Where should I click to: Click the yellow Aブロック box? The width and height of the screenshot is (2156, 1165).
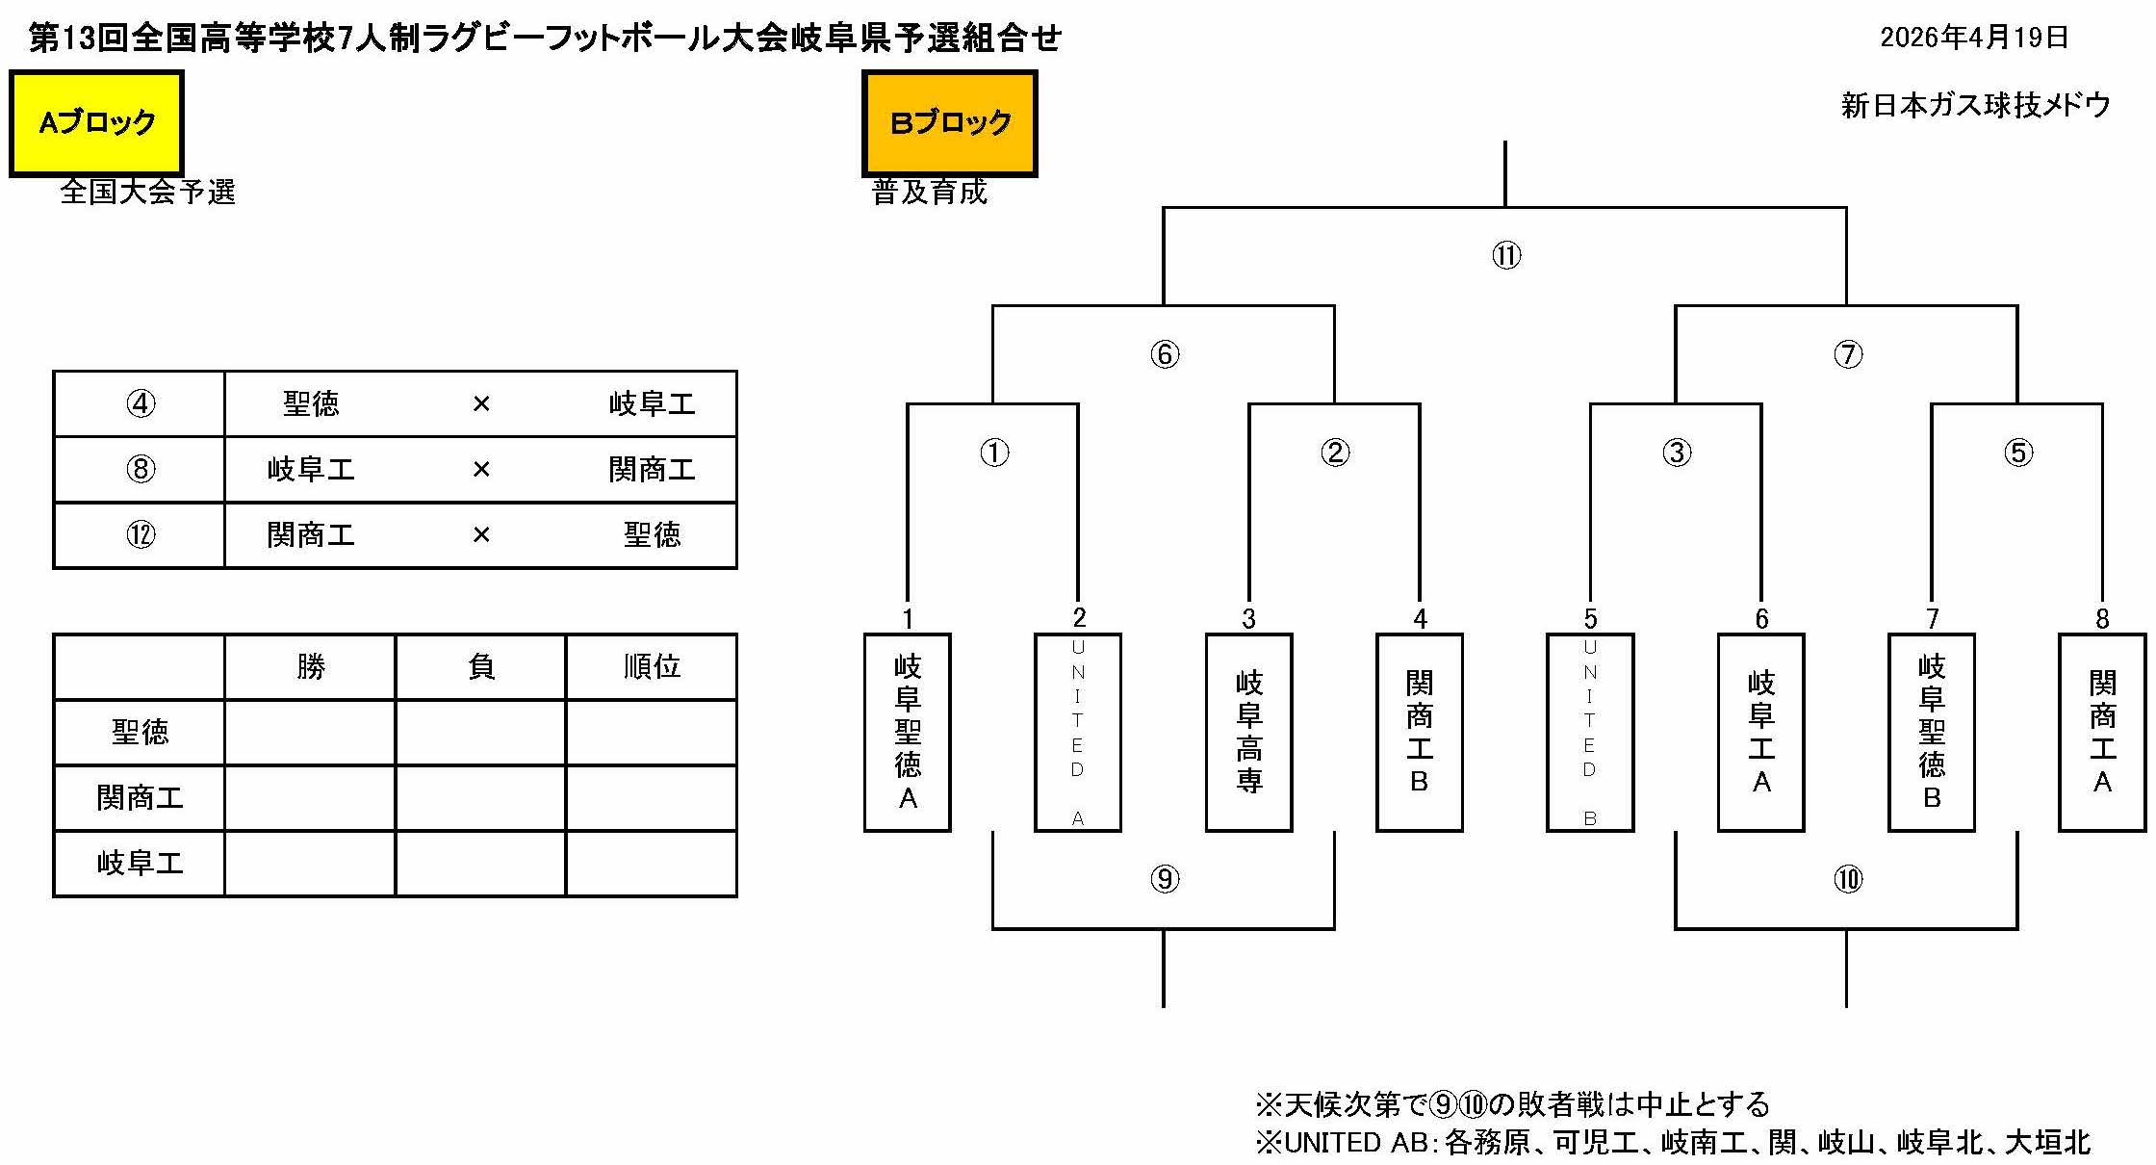coord(96,123)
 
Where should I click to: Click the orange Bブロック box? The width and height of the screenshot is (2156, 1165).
coord(950,123)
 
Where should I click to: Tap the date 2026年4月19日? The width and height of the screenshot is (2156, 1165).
coord(1974,38)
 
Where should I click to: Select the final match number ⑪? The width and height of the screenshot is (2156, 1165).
coord(1506,256)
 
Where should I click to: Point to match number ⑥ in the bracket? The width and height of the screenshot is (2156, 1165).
coord(1165,354)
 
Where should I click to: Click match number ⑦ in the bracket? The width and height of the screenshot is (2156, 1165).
coord(1848,354)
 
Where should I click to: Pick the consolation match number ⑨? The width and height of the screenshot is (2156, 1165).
coord(1165,879)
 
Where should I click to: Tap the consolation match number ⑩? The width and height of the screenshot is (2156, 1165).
coord(1848,879)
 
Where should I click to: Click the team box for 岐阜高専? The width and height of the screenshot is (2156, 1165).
coord(1249,732)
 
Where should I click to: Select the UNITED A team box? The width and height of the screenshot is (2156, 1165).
coord(1078,732)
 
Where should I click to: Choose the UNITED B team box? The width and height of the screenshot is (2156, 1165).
coord(1590,732)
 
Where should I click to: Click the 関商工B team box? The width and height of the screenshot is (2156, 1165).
coord(1420,732)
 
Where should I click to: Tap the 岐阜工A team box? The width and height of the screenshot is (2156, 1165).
coord(1761,732)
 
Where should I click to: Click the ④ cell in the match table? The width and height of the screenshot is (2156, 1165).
coord(141,404)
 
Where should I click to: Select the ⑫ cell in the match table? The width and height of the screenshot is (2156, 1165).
coord(141,535)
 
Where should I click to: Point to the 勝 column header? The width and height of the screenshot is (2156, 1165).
coord(311,666)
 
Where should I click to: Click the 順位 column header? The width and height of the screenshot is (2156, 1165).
coord(652,666)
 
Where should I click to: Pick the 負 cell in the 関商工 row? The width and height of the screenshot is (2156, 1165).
coord(480,798)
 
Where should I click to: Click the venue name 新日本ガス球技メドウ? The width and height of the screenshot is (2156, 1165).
coord(1975,105)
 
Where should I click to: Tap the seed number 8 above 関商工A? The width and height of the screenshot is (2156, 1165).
coord(2103,619)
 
